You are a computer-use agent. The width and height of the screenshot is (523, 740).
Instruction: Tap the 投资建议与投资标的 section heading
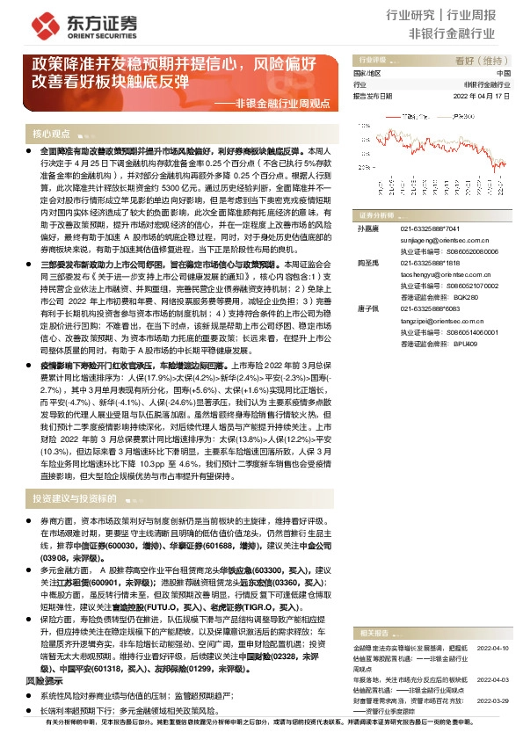tap(75, 498)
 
